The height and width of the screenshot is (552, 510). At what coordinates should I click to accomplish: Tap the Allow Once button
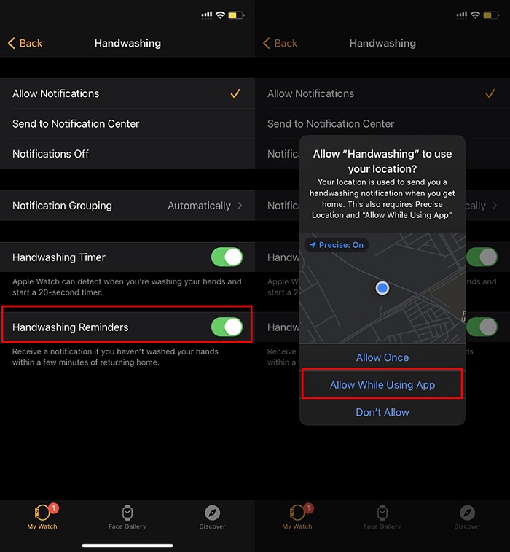click(382, 357)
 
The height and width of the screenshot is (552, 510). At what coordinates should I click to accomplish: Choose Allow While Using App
click(382, 385)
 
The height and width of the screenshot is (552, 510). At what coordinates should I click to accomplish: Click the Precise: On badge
click(337, 245)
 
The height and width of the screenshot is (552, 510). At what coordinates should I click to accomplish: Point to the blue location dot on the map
click(382, 288)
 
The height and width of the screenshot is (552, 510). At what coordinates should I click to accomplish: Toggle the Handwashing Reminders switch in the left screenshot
click(227, 327)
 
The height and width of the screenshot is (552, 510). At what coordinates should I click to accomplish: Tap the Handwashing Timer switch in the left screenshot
click(227, 257)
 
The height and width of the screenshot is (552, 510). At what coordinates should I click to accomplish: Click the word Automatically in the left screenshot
click(199, 206)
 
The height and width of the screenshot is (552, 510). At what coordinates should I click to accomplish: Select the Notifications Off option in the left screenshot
click(51, 154)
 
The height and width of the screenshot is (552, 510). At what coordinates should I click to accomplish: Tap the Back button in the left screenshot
click(25, 44)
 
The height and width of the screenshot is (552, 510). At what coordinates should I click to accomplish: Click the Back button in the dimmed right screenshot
click(280, 44)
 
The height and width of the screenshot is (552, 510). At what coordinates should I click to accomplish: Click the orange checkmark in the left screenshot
click(235, 93)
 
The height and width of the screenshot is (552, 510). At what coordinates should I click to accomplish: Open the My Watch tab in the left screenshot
click(42, 516)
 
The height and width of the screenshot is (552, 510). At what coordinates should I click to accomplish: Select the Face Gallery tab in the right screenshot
click(382, 516)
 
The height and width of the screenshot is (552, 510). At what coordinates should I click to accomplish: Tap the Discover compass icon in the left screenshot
click(213, 512)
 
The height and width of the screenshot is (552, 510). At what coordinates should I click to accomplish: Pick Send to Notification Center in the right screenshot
click(331, 124)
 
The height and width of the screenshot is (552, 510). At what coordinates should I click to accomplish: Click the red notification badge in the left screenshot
click(54, 508)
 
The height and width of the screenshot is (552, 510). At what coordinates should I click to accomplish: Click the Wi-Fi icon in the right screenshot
click(475, 15)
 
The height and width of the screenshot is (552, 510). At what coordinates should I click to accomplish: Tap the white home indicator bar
click(127, 544)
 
